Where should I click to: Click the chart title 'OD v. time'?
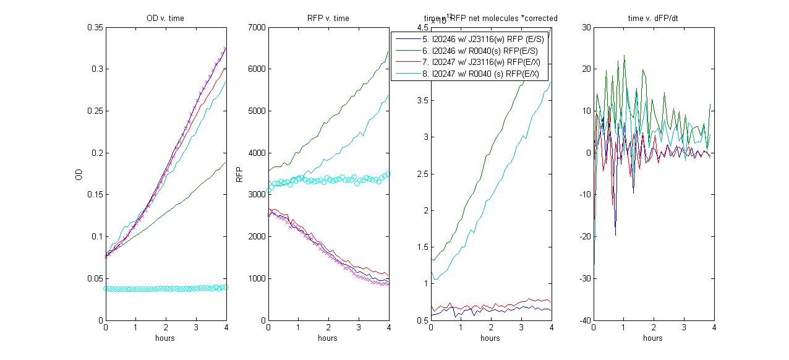click(x=166, y=19)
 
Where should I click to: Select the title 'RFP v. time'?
click(x=328, y=19)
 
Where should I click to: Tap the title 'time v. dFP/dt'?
click(x=653, y=19)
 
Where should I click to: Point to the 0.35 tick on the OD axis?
click(x=95, y=27)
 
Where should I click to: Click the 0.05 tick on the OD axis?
click(x=95, y=278)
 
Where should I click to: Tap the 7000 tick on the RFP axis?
click(x=255, y=27)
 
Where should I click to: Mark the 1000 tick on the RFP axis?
click(x=255, y=278)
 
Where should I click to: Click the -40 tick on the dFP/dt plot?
click(x=582, y=320)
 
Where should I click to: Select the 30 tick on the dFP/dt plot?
click(x=585, y=27)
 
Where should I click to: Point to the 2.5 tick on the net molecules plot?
click(x=421, y=174)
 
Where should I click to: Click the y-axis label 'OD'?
click(x=79, y=174)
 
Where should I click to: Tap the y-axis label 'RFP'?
click(x=241, y=174)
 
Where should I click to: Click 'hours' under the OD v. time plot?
click(x=166, y=338)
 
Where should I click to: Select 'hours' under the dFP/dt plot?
click(x=653, y=338)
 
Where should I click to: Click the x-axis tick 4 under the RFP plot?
click(x=388, y=328)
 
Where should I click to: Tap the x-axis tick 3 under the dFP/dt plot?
click(x=684, y=328)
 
